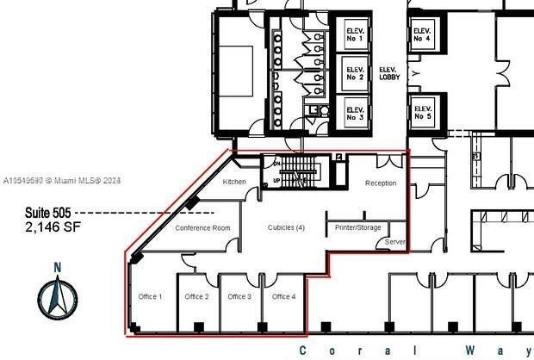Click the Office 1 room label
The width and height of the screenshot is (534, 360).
(150, 296)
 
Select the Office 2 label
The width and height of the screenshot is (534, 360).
(196, 296)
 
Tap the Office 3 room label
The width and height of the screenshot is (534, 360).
(239, 296)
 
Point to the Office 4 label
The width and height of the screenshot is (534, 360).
(283, 296)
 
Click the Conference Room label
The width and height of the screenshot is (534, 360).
(203, 228)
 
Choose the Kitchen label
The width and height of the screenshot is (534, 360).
(234, 183)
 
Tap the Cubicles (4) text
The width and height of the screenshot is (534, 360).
(286, 227)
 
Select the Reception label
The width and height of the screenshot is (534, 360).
(381, 183)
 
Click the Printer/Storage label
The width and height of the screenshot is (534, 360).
(353, 228)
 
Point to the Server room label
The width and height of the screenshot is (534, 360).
(395, 243)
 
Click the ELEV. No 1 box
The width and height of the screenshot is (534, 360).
(355, 35)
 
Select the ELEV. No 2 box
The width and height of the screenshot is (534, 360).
(355, 73)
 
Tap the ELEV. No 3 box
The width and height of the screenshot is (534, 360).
(355, 110)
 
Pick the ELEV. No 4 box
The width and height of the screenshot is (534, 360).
(422, 34)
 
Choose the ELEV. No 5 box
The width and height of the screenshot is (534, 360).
(422, 111)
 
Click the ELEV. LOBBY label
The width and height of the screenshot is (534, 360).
(388, 73)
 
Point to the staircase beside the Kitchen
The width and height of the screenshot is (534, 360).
(298, 171)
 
